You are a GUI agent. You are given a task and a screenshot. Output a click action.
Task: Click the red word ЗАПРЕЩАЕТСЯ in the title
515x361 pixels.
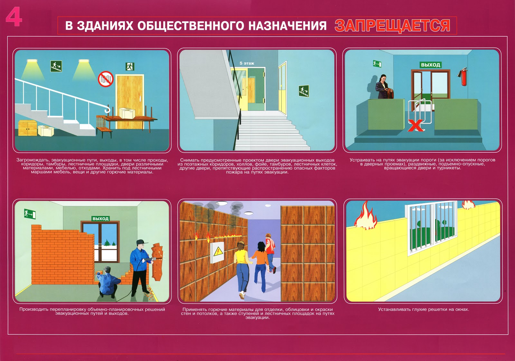[x=392, y=25]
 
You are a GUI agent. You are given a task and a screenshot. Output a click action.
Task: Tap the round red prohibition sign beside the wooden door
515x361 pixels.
[x=106, y=79]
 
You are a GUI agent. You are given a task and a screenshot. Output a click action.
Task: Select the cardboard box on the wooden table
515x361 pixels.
[x=127, y=113]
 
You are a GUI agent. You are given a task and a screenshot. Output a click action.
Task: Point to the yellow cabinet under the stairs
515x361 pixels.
[x=28, y=128]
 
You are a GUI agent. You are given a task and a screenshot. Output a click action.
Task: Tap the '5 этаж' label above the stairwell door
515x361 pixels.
[x=247, y=63]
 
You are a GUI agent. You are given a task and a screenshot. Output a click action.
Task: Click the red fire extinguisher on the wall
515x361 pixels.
[x=463, y=77]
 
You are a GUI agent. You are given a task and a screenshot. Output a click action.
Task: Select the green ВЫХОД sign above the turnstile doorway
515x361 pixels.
[x=430, y=65]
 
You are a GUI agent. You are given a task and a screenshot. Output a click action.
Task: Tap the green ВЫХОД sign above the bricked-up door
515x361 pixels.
[x=100, y=219]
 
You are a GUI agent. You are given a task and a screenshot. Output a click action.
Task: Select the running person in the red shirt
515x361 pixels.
[x=270, y=253]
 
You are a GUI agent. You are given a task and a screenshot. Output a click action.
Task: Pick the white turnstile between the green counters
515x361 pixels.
[x=420, y=111]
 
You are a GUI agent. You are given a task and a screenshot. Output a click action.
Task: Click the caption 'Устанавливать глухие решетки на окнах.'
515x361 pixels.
[x=424, y=309]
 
